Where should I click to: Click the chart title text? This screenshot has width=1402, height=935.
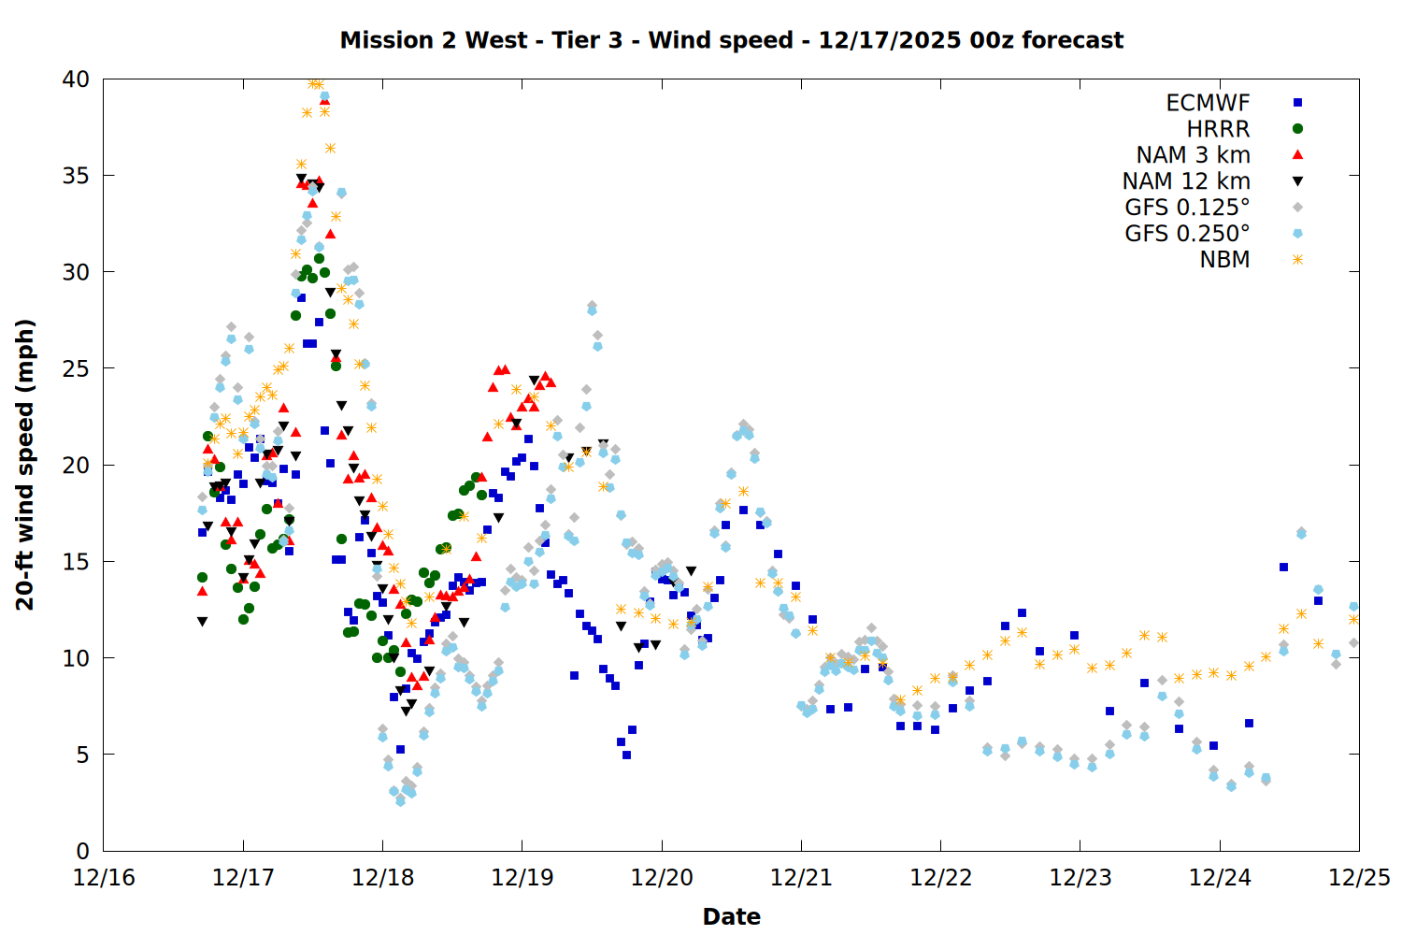[x=731, y=40]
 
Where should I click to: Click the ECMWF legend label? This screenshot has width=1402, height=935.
[x=1208, y=103]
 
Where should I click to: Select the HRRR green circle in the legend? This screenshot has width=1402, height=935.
[x=1297, y=129]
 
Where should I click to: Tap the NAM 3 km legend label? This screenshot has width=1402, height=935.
[x=1193, y=155]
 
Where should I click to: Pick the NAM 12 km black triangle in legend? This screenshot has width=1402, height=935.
[x=1297, y=181]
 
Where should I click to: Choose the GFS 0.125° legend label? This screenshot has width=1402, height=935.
[x=1187, y=208]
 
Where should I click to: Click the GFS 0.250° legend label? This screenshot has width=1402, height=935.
[x=1187, y=234]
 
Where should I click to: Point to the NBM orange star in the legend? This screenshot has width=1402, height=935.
[x=1297, y=260]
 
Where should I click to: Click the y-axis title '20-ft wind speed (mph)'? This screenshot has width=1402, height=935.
[x=25, y=465]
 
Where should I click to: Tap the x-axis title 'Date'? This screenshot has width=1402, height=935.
[x=731, y=916]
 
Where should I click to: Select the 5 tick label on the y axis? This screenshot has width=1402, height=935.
[x=82, y=755]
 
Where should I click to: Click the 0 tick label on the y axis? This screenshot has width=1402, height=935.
[x=82, y=851]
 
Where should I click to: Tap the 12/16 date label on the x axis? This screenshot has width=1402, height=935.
[x=104, y=878]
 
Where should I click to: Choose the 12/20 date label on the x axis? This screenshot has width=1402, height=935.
[x=662, y=878]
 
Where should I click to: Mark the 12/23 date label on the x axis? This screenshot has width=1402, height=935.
[x=1080, y=878]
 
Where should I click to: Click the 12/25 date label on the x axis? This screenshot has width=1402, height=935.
[x=1359, y=878]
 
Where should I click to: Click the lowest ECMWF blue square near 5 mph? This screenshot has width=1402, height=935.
[x=626, y=755]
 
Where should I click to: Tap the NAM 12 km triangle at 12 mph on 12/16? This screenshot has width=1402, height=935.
[x=202, y=621]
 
